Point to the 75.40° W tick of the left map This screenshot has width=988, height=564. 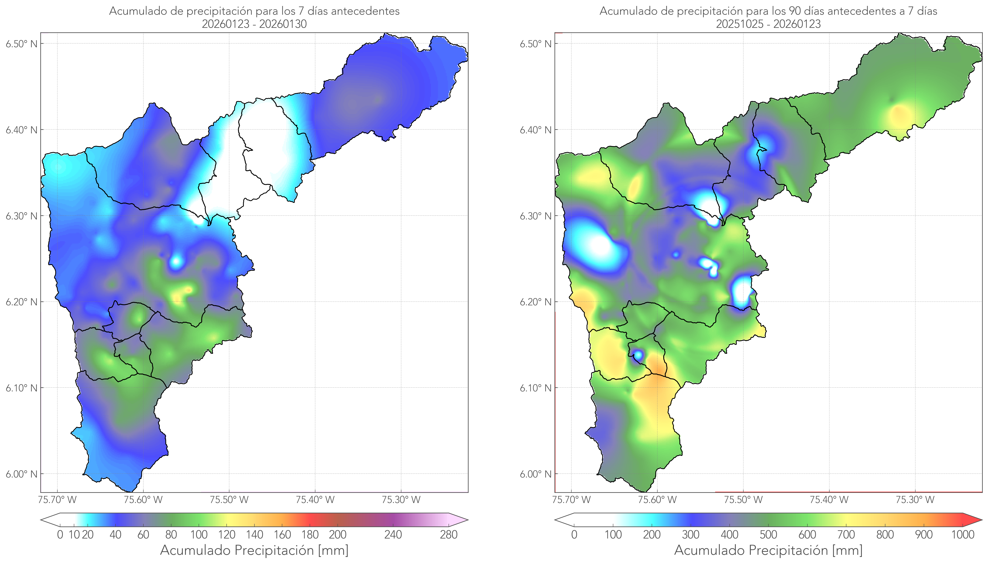(315, 500)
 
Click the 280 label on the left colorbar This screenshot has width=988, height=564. (449, 535)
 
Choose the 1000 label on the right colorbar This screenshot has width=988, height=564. (963, 535)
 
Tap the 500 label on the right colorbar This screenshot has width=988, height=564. (768, 535)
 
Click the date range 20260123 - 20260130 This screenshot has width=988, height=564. (254, 24)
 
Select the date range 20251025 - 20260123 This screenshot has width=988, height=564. (768, 24)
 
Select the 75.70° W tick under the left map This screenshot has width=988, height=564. (58, 500)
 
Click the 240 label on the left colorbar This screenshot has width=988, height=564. (393, 535)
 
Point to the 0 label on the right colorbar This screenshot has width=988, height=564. (574, 535)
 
